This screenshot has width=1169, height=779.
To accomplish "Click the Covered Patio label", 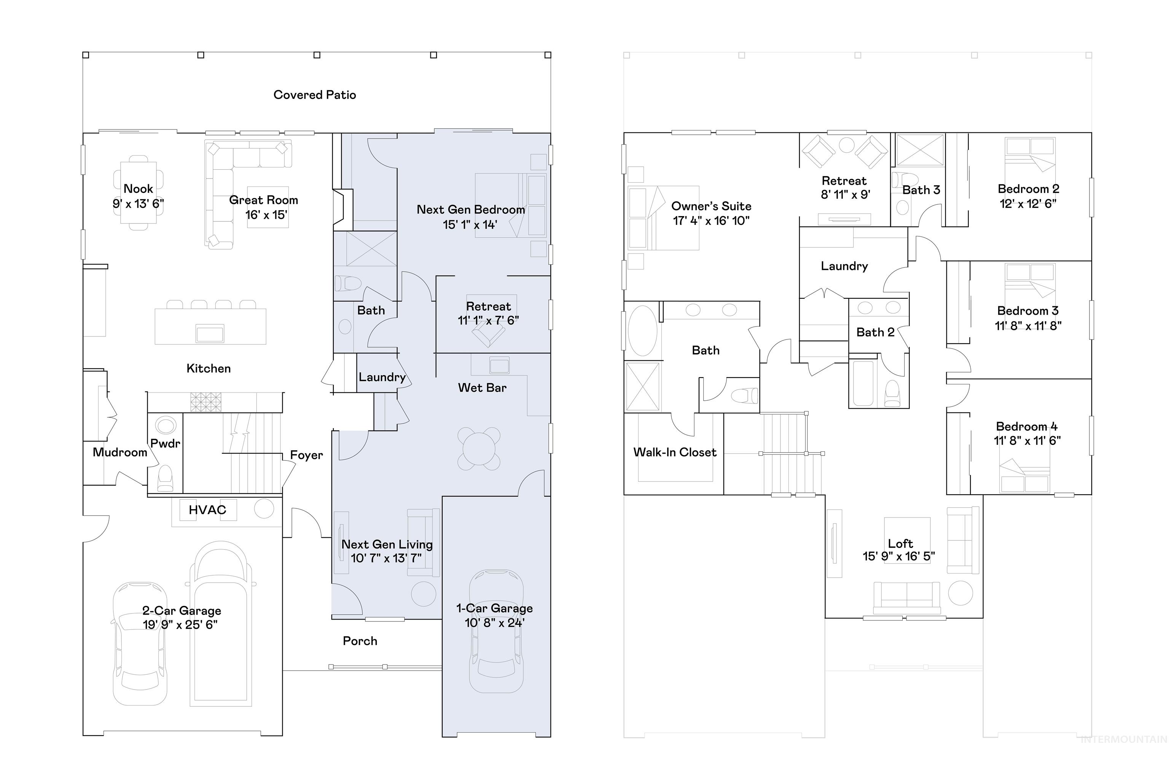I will (x=314, y=95).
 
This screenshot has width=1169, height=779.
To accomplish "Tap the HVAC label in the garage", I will (x=207, y=510).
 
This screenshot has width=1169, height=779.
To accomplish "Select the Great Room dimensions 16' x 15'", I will (x=266, y=215).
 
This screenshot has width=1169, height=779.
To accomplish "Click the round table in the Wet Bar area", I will (x=478, y=448).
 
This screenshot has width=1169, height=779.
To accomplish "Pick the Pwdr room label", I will (x=165, y=444).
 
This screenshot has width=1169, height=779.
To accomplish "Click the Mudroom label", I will (x=120, y=452).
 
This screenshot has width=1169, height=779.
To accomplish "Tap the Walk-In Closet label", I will (x=674, y=452).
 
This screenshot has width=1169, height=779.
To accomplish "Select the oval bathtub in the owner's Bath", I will (x=642, y=331).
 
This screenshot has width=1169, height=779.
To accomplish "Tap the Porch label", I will (x=360, y=641).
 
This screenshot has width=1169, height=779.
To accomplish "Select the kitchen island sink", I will (x=210, y=333).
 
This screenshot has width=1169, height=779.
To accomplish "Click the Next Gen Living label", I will (x=387, y=545).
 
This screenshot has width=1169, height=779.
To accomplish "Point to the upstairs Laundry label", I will (x=844, y=266).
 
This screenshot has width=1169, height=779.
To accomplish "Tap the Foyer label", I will (x=306, y=455).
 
